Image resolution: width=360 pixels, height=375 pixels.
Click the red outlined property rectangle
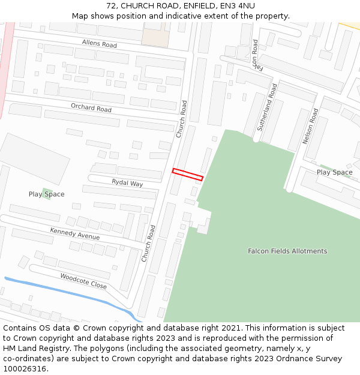(x=188, y=174)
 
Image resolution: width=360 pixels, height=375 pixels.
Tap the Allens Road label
(x=100, y=43)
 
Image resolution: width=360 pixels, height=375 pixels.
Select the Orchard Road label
(x=91, y=109)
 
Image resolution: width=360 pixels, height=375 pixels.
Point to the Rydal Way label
(x=127, y=182)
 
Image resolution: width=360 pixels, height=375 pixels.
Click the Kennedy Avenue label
(x=74, y=234)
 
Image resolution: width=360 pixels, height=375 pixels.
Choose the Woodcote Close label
(x=83, y=281)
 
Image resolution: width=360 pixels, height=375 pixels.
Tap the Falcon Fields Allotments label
(x=287, y=251)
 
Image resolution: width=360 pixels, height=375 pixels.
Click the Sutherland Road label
(x=267, y=107)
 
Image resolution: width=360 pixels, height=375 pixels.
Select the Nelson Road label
(x=310, y=126)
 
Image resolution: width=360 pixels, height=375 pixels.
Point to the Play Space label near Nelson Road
(x=334, y=172)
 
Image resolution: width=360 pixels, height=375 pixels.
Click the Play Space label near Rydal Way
(x=46, y=194)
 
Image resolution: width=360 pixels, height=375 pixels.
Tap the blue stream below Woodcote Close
(x=72, y=292)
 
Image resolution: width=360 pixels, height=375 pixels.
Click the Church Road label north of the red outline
(x=182, y=119)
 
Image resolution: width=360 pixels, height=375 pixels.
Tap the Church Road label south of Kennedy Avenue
(x=148, y=243)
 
